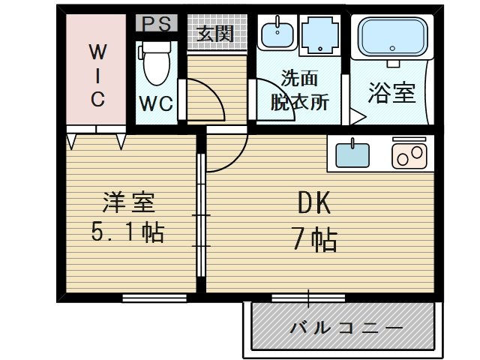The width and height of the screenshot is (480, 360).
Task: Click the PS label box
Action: (x=156, y=23)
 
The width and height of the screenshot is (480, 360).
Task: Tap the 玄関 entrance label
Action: (x=216, y=34)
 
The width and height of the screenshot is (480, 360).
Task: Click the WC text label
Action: (x=156, y=103)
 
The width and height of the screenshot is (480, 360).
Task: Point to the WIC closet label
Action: (x=97, y=75)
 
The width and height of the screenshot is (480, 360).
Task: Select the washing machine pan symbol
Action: (x=320, y=34)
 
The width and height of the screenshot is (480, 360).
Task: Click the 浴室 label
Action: (x=391, y=93)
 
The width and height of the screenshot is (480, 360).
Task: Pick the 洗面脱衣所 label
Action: (x=298, y=91)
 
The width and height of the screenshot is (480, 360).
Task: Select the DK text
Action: (x=313, y=202)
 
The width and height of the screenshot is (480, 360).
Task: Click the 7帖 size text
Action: (x=313, y=240)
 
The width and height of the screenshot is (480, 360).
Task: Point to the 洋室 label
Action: (x=128, y=202)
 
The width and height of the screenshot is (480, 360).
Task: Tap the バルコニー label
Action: (x=346, y=328)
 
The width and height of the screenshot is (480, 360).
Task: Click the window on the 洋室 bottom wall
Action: (x=154, y=298)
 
